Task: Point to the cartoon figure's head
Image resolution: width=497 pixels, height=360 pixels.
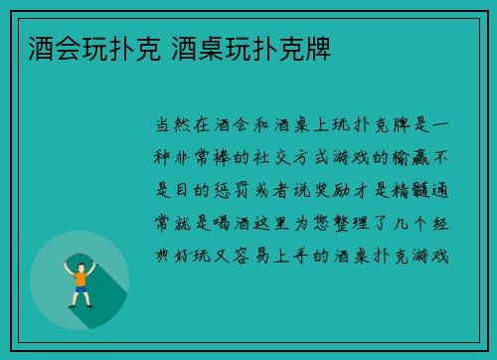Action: point(81,264)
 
